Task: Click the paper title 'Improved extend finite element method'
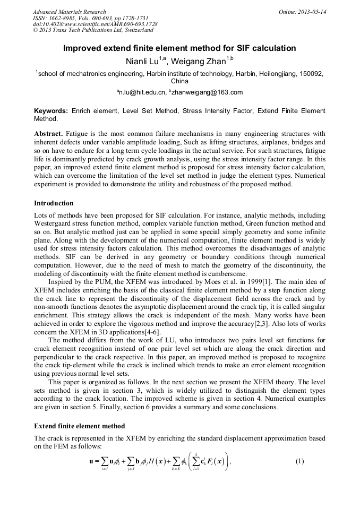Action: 179,48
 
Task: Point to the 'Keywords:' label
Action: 50,111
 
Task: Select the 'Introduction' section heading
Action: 54,203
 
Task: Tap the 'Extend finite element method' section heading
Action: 79,426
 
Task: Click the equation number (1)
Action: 299,461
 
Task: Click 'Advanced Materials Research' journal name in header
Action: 69,12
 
